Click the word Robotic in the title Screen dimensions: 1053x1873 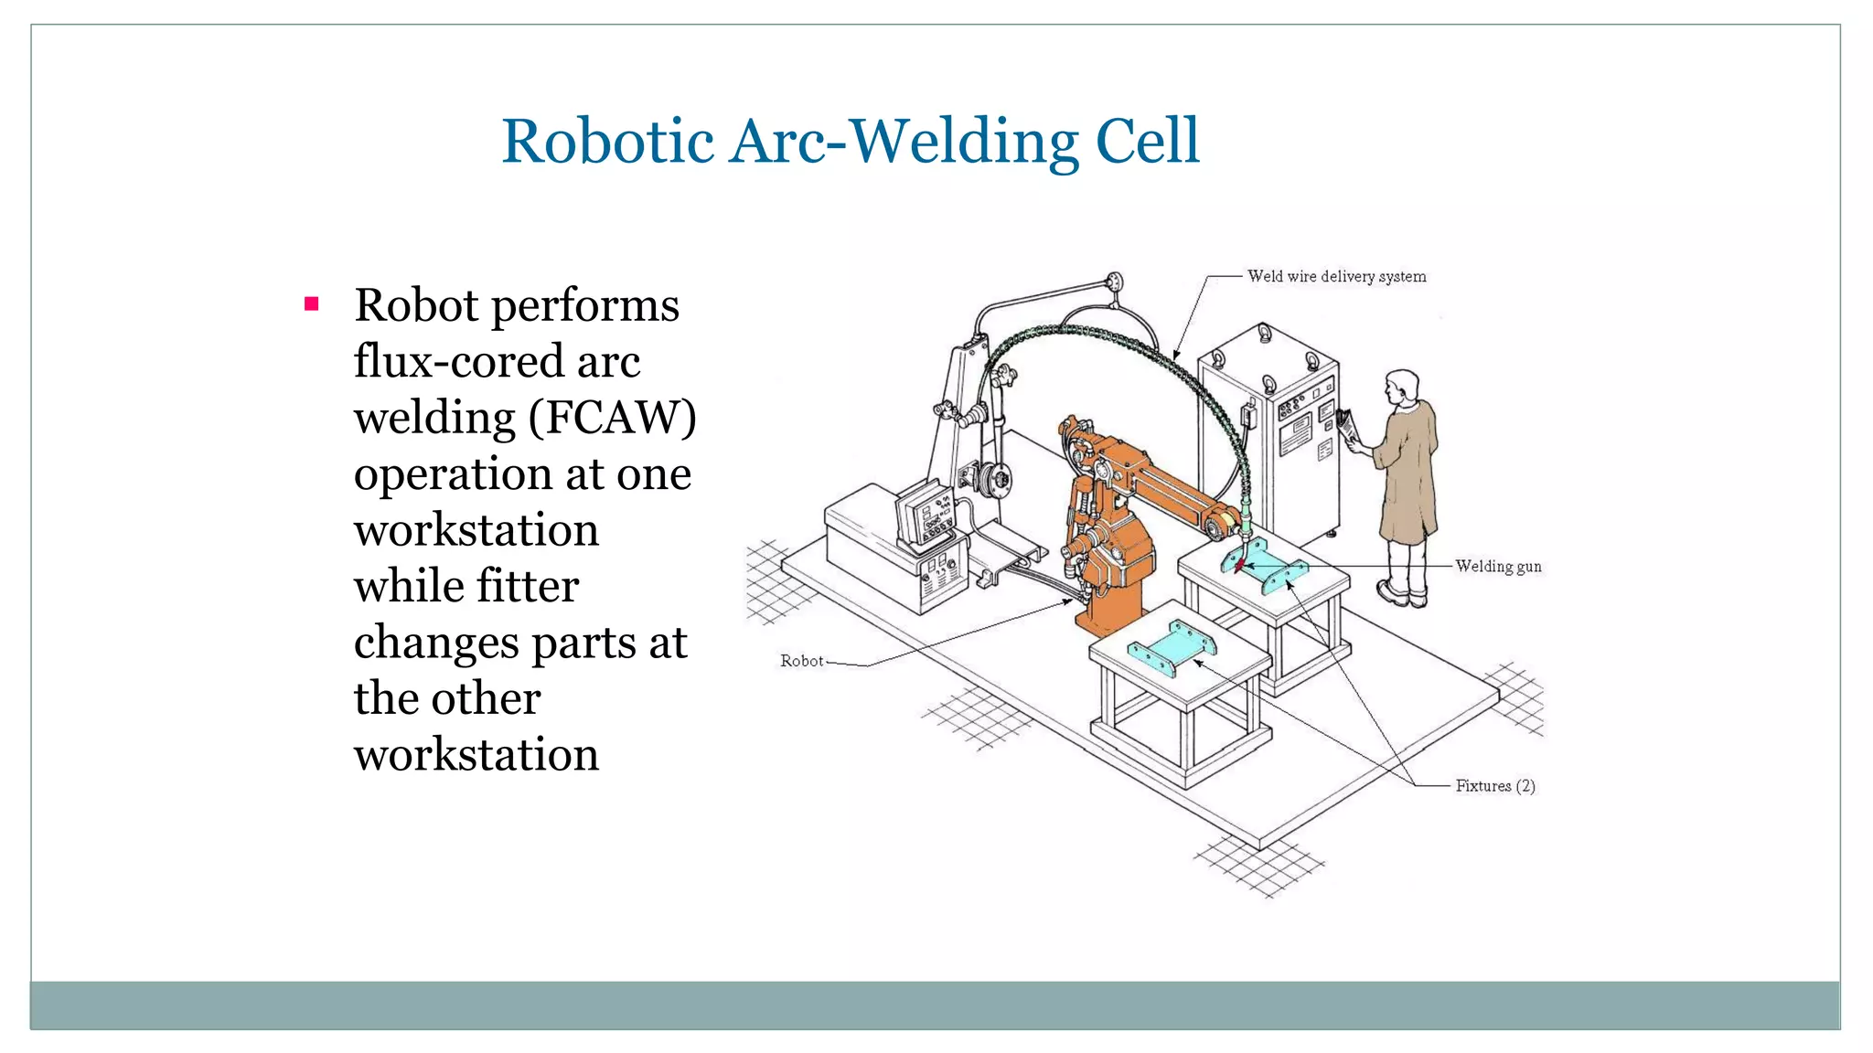tap(607, 142)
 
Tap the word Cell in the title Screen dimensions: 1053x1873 tap(1147, 142)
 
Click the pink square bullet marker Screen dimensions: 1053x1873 tap(311, 303)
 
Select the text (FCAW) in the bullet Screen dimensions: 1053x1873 tap(612, 418)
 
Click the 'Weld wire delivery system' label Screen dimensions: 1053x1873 tap(1336, 276)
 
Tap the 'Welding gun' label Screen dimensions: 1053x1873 tap(1498, 567)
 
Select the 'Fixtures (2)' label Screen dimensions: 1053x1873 tap(1495, 786)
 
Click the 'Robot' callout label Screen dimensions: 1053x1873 tap(801, 661)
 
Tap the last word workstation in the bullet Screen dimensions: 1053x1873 tap(476, 755)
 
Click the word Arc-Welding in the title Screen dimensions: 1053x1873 tap(904, 142)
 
